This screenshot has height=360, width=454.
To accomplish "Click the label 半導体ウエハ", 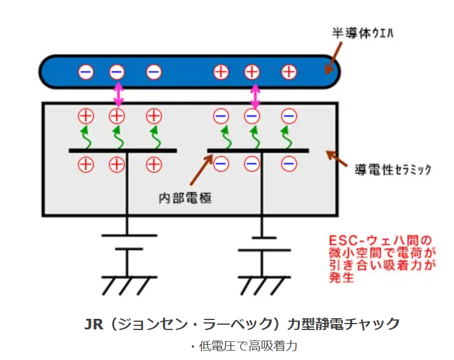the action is click(363, 33).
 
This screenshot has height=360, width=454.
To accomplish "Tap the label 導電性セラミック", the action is click(393, 169).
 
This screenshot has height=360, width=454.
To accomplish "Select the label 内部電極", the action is click(185, 198).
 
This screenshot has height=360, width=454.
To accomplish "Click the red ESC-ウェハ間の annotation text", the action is click(380, 241).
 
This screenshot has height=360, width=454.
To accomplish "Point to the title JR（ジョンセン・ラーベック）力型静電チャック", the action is click(242, 324).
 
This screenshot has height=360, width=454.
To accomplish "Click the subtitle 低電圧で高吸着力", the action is click(244, 346).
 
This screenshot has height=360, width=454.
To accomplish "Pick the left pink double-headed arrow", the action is click(118, 94).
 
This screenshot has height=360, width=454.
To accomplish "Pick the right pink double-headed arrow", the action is click(255, 96).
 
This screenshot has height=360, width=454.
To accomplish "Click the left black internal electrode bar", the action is click(122, 151).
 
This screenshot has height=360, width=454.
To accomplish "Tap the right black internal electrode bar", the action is click(258, 151).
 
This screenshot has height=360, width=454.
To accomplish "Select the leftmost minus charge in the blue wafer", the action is click(86, 72).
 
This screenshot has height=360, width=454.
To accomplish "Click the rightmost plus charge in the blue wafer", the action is click(289, 72).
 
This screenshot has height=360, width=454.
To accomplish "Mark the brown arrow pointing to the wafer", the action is click(333, 58).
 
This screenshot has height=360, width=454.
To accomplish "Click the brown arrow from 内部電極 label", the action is click(201, 170).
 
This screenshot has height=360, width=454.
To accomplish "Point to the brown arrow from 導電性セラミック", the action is click(336, 158).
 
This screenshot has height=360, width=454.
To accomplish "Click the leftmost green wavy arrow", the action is click(86, 137).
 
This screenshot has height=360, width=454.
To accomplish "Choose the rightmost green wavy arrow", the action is click(287, 137).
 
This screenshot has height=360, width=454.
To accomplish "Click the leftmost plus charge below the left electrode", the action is click(86, 165).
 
